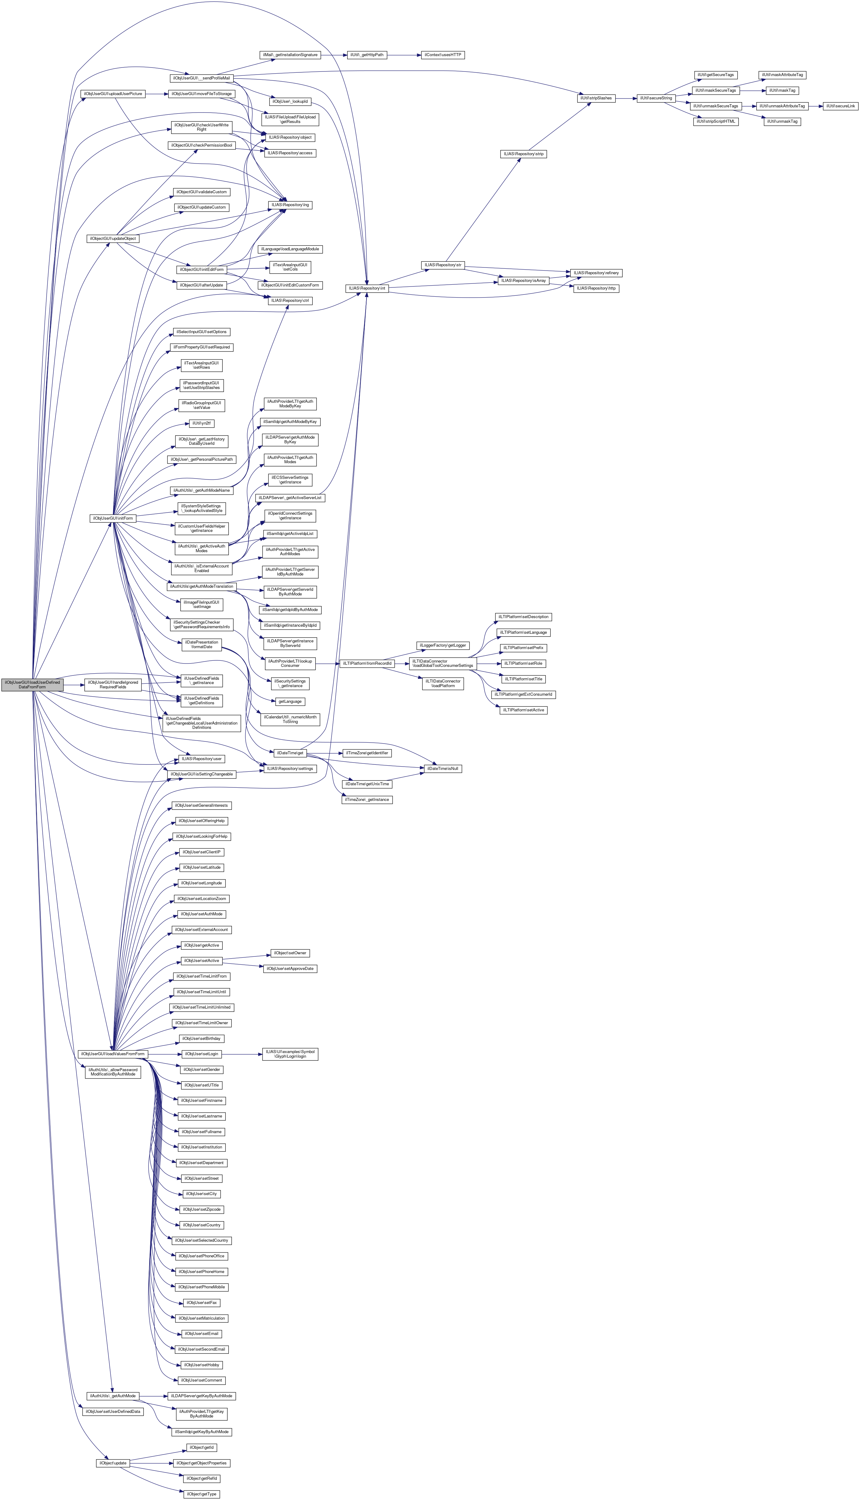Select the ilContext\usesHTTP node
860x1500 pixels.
pyautogui.click(x=442, y=55)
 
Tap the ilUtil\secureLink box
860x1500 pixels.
pyautogui.click(x=840, y=106)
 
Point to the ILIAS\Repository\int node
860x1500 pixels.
pyautogui.click(x=366, y=288)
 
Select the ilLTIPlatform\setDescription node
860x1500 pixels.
pyautogui.click(x=524, y=617)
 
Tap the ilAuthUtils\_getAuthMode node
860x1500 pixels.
pyautogui.click(x=112, y=1396)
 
